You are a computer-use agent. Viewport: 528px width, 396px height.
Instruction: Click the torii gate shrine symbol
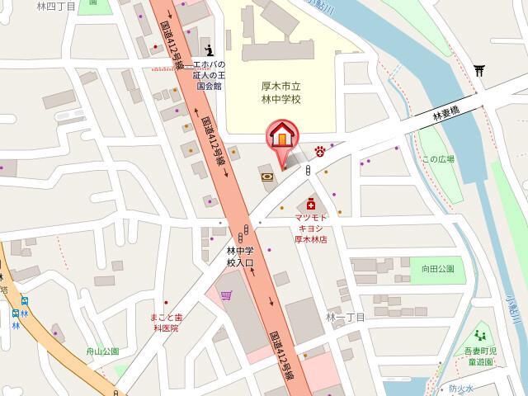point(478,71)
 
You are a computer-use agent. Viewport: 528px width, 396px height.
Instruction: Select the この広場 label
point(437,159)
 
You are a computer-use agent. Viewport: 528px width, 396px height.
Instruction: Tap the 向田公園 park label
point(438,269)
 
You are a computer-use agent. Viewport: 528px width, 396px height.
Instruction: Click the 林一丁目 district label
point(345,318)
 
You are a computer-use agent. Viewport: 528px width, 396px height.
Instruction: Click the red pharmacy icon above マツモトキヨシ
point(311,202)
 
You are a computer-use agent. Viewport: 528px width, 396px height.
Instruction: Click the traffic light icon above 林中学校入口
point(246,233)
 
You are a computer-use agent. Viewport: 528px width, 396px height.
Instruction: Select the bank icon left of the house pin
point(266,177)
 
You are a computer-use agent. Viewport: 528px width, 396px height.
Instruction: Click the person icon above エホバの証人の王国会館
point(209,49)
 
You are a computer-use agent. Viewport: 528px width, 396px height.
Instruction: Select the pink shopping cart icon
point(226,295)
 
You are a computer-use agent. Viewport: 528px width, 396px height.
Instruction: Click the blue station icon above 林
point(25,302)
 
